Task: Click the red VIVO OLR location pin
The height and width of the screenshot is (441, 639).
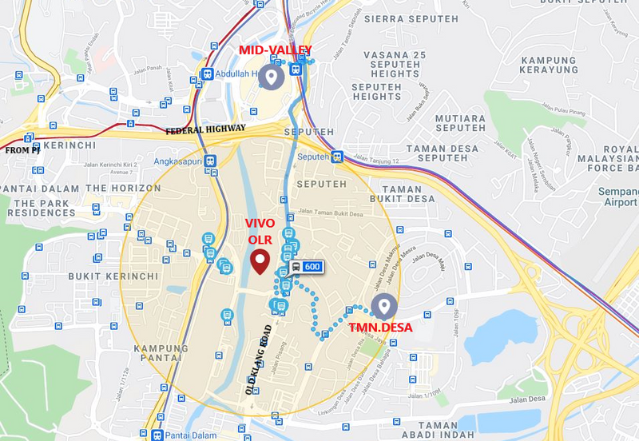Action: pos(260,262)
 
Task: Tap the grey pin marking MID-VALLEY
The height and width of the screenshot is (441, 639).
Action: pos(272,77)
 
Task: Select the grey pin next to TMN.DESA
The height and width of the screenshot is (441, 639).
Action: pos(384,305)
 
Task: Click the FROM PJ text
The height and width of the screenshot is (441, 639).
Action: pos(22,150)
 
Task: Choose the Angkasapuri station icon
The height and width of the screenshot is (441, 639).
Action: pos(210,159)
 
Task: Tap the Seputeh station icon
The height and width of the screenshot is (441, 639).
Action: pos(338,157)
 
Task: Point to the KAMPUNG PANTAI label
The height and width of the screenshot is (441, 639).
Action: pos(161,356)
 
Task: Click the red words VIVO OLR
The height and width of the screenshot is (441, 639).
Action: pos(260,230)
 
